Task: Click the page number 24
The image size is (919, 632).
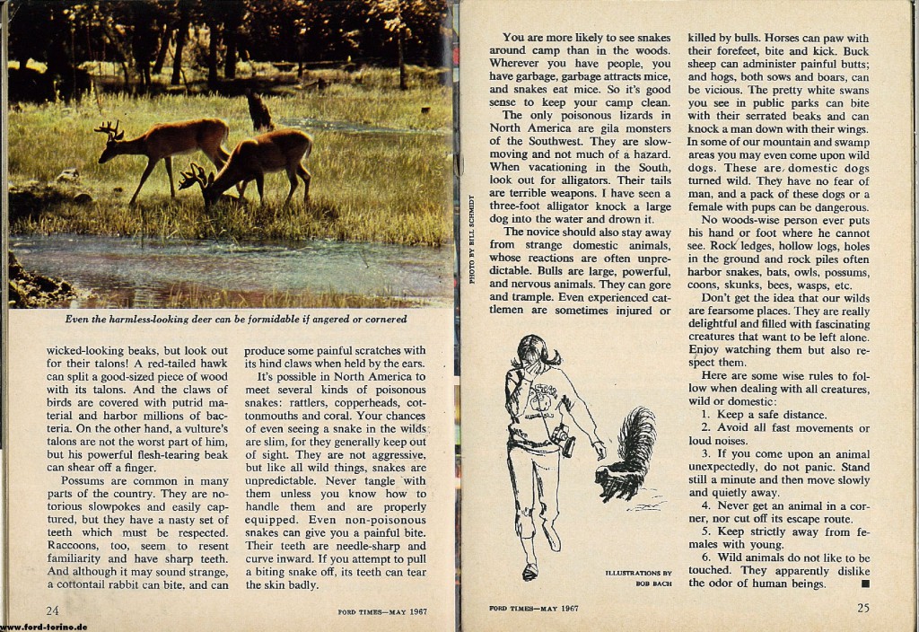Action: [x=54, y=611]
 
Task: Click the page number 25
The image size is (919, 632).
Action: [x=862, y=608]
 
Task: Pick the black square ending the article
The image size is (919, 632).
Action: [x=865, y=584]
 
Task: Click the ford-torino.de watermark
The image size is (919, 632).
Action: [x=45, y=627]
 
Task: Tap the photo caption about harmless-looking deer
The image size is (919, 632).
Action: [x=236, y=319]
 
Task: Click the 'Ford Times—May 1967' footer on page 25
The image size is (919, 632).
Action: [x=534, y=608]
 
